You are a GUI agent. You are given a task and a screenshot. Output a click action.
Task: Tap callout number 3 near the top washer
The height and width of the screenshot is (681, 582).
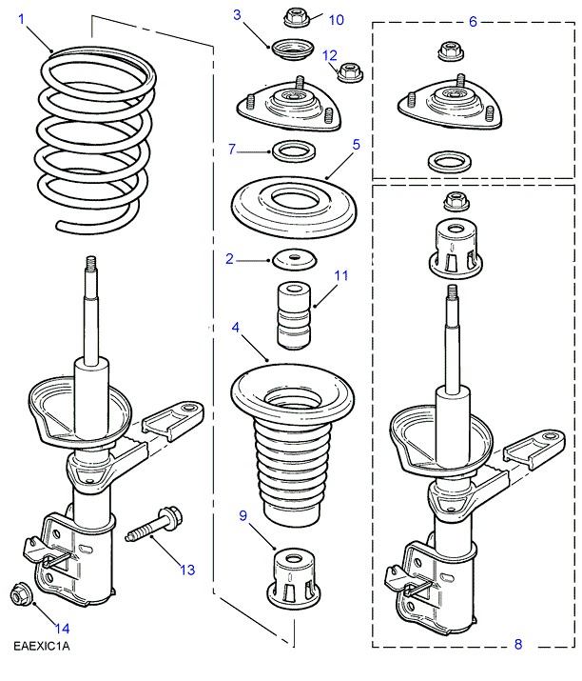pos(238,14)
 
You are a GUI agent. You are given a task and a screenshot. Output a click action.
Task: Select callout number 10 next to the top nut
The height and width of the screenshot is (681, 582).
pos(337,19)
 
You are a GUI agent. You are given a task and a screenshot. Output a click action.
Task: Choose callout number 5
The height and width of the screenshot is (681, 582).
pos(356,145)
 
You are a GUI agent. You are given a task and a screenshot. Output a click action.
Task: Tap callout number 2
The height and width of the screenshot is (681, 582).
pos(229,258)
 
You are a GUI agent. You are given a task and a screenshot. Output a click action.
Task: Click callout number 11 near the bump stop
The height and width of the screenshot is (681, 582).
pos(341,275)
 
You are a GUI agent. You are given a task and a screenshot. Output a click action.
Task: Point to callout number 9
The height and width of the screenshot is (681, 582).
pos(243,516)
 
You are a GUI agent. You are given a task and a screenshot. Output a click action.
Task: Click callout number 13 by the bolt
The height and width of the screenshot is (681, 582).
pos(186,570)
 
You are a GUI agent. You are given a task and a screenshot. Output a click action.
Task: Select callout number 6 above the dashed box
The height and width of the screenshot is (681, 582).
pos(474,20)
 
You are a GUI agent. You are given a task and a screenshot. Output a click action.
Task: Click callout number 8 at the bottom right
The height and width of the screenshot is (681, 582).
pos(518,645)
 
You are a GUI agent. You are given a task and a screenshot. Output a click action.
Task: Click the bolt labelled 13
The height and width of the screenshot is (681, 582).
pos(151,526)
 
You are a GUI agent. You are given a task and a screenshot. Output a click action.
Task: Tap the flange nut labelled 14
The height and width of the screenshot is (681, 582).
pos(19,595)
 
